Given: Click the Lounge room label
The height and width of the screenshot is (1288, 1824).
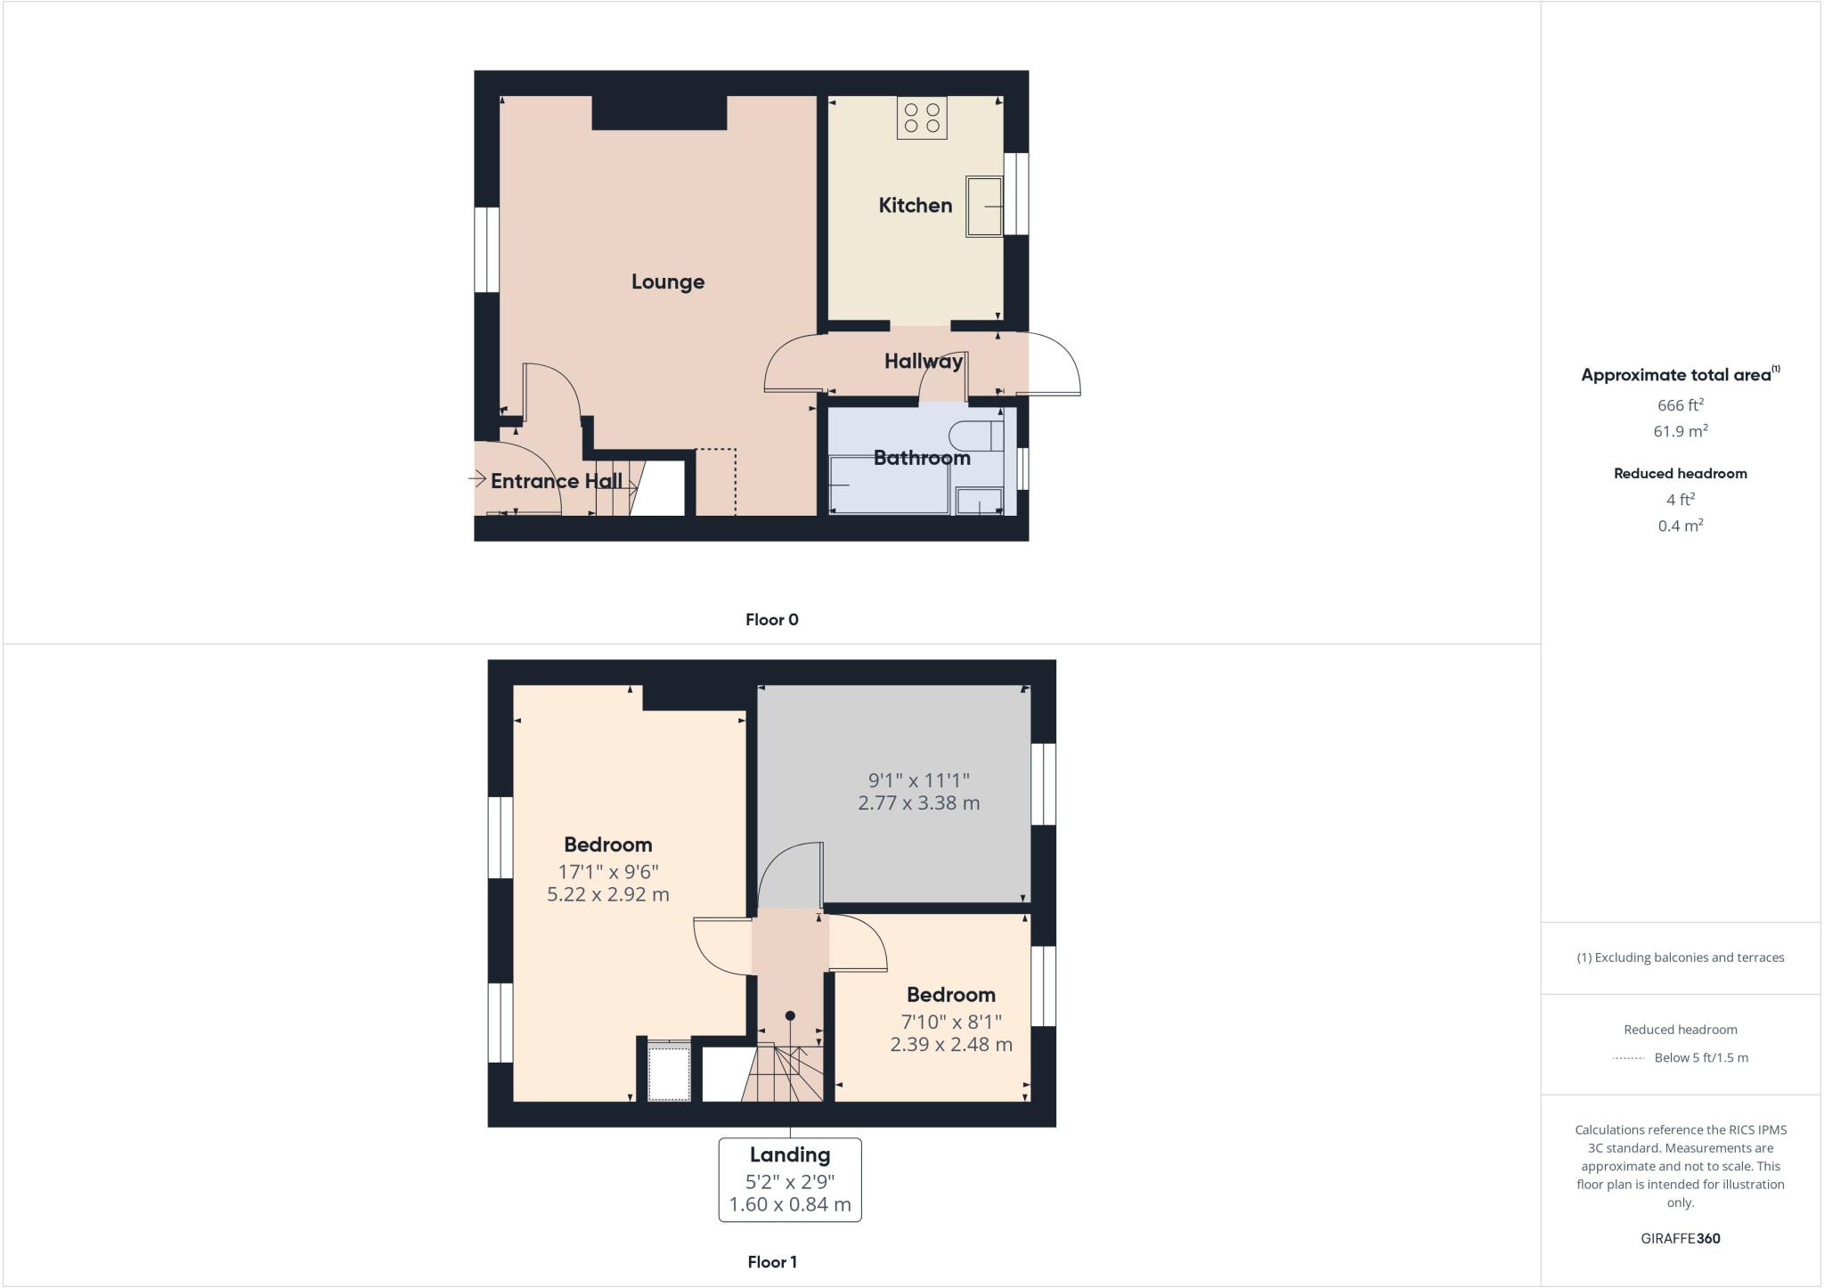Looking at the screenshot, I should pyautogui.click(x=667, y=281).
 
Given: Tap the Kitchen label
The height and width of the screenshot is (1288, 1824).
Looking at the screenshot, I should pyautogui.click(x=915, y=205).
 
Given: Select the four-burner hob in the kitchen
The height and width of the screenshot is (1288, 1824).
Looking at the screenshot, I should pyautogui.click(x=922, y=118).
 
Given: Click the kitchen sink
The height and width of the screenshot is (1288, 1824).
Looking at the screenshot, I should pyautogui.click(x=984, y=207).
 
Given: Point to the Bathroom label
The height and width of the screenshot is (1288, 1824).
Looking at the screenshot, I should pyautogui.click(x=921, y=458).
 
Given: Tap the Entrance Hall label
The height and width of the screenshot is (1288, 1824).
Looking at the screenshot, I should pyautogui.click(x=556, y=481).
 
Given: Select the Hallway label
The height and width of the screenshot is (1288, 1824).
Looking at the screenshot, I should pyautogui.click(x=923, y=361).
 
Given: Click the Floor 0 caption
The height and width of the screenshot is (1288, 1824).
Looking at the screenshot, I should pyautogui.click(x=771, y=620).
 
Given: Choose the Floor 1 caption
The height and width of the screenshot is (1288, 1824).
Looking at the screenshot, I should pyautogui.click(x=771, y=1261).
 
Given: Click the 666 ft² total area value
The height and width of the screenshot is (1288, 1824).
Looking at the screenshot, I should pyautogui.click(x=1680, y=405).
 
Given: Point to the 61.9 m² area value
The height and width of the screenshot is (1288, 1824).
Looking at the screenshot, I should pyautogui.click(x=1680, y=431).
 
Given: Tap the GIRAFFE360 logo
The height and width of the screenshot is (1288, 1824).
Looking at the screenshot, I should pyautogui.click(x=1680, y=1238).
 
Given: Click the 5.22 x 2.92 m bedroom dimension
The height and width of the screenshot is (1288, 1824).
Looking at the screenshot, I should pyautogui.click(x=607, y=894).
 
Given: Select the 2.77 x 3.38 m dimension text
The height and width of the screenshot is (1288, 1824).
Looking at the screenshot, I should pyautogui.click(x=918, y=803).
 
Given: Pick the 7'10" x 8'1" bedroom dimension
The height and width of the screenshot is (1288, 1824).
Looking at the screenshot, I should pyautogui.click(x=950, y=1021).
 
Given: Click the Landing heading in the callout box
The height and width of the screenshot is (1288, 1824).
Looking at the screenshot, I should pyautogui.click(x=789, y=1154).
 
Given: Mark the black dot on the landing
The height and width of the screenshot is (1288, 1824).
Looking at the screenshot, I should pyautogui.click(x=790, y=1015).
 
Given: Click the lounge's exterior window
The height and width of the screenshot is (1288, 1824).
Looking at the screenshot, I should pyautogui.click(x=486, y=249).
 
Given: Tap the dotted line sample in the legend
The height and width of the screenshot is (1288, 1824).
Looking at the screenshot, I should pyautogui.click(x=1628, y=1058).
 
